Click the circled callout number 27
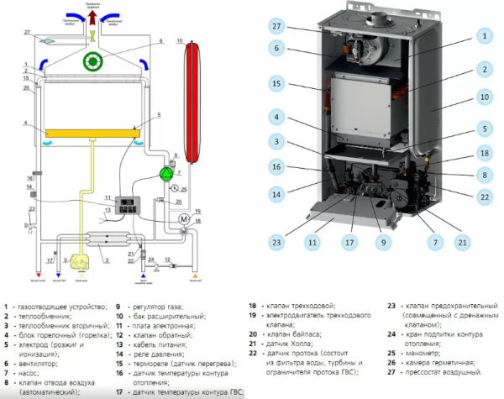pos(276,26)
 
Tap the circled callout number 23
pos(276,243)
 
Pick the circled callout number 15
pos(276,83)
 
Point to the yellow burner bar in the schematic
pos(90,134)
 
